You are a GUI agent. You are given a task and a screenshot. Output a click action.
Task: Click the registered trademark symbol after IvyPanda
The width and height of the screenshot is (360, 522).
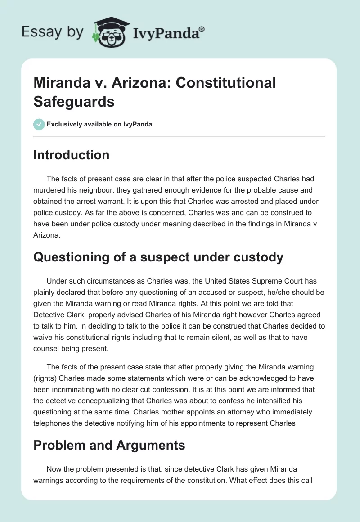pos(202,29)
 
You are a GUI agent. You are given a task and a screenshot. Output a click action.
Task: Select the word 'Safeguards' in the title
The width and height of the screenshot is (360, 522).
pos(74,101)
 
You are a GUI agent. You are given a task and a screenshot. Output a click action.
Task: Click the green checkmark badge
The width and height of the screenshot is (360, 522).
pos(39,124)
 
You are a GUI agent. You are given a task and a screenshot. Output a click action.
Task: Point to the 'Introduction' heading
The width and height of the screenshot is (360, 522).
pos(71,155)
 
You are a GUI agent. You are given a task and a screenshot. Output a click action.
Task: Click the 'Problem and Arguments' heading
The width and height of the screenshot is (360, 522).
pos(109,445)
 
